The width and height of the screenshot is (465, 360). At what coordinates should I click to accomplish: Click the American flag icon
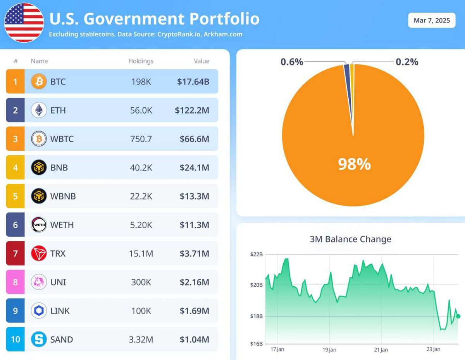click(24, 22)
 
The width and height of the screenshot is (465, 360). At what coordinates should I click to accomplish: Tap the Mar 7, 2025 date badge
click(432, 20)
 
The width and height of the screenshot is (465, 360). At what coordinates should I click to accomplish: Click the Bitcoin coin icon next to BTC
click(39, 82)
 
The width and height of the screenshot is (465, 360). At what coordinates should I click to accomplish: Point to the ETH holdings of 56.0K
click(141, 110)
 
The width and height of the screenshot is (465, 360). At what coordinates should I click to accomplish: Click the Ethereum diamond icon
click(39, 110)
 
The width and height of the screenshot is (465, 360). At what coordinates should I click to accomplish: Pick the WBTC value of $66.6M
click(194, 139)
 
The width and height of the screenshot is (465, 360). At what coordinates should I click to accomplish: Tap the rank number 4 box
click(15, 167)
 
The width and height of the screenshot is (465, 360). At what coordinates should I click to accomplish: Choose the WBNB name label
click(63, 196)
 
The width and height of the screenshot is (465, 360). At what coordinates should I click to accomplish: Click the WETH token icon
click(39, 225)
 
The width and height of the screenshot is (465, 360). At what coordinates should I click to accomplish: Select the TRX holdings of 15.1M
click(141, 253)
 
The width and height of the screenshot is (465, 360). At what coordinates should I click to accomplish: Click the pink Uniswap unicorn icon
click(39, 282)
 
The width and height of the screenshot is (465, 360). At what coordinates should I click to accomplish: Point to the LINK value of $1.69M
click(194, 311)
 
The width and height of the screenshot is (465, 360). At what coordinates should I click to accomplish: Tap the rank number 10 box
click(15, 339)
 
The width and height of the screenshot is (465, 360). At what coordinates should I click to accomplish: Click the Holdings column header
click(141, 61)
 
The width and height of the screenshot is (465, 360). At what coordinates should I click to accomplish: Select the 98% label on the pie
click(354, 165)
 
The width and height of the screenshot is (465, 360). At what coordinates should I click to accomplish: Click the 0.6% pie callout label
click(291, 62)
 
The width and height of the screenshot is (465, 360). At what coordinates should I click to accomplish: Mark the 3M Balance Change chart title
click(350, 239)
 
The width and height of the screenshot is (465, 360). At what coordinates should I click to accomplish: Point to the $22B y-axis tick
click(256, 255)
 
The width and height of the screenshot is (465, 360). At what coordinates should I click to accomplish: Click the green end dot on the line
click(458, 316)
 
